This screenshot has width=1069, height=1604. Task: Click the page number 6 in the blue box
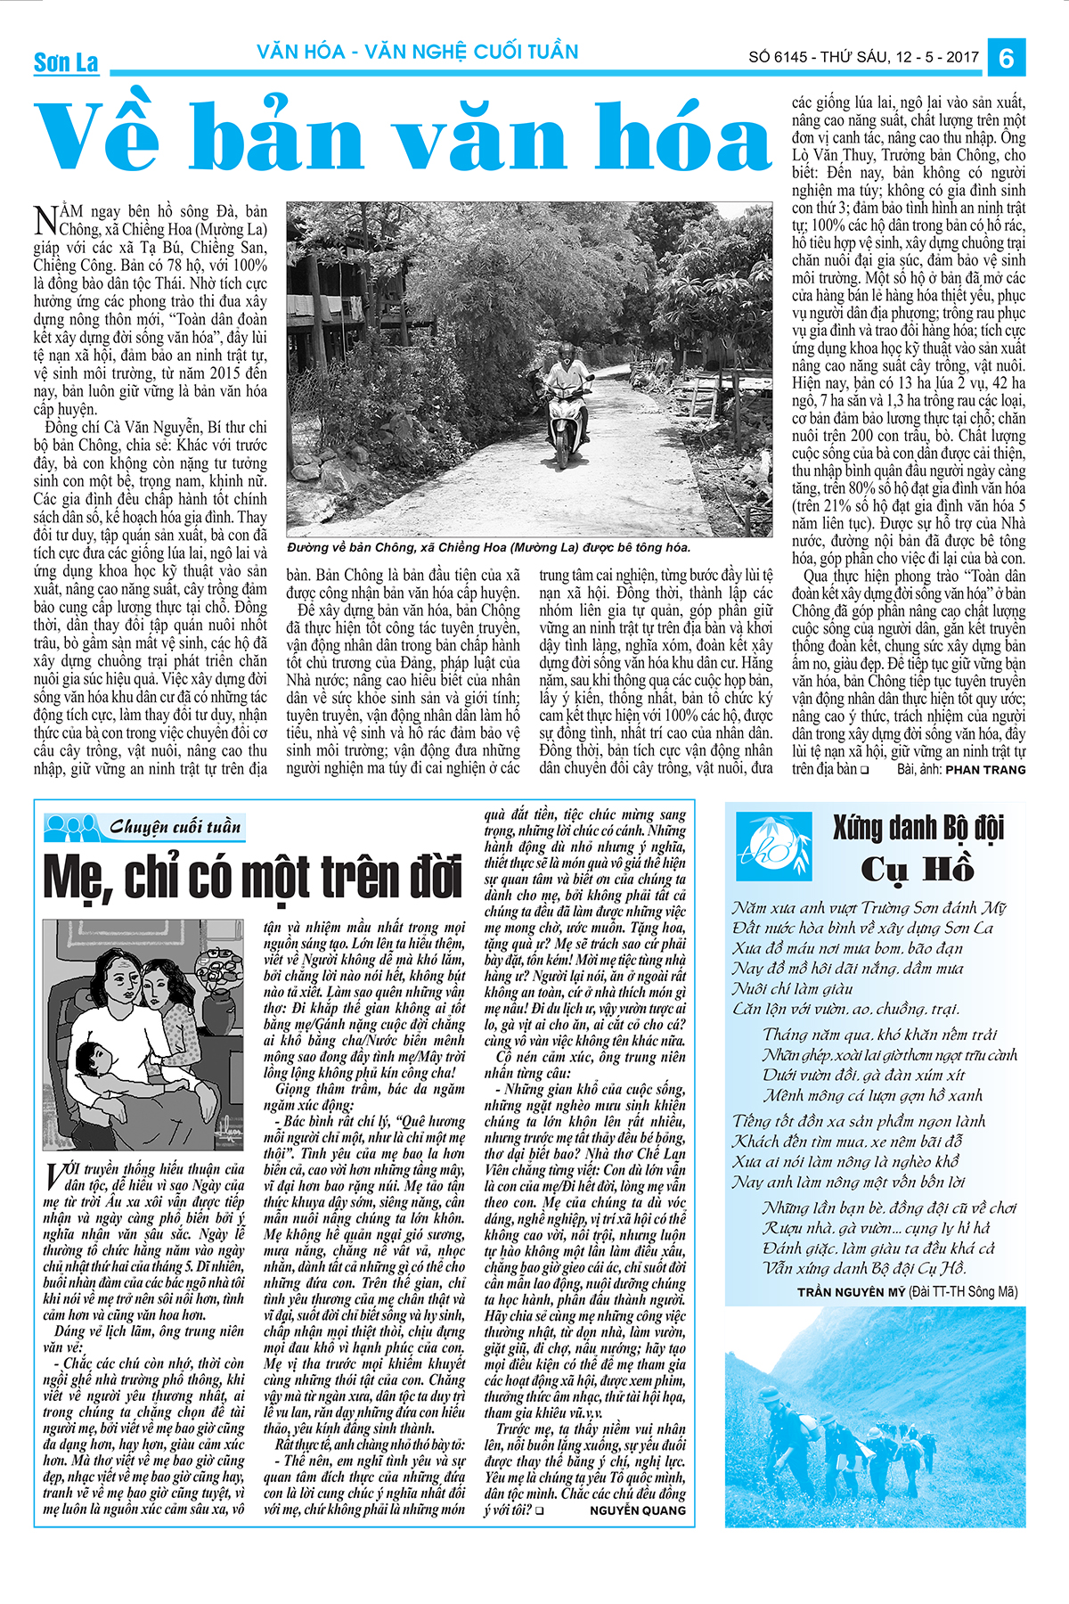(1007, 57)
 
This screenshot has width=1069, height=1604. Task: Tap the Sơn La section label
(66, 62)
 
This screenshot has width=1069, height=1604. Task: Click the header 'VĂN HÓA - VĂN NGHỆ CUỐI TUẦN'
(418, 52)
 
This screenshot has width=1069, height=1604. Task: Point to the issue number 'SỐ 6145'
(778, 57)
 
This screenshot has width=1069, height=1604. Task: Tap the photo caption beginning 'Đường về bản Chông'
(488, 547)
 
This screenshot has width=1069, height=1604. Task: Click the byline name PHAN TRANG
(985, 769)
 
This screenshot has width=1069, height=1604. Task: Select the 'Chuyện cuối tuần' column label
(175, 827)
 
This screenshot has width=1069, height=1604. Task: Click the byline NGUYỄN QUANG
(638, 1510)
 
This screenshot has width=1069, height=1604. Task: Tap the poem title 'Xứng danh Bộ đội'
(918, 829)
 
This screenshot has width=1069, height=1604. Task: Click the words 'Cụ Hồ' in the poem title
(918, 869)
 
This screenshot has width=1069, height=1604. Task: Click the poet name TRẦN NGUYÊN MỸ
(852, 1291)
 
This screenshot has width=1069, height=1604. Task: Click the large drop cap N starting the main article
(45, 219)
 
